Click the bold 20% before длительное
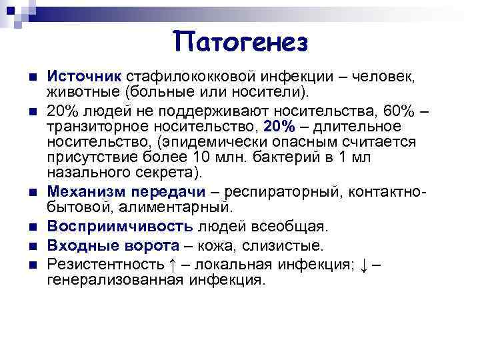278,126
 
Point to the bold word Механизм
86,193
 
